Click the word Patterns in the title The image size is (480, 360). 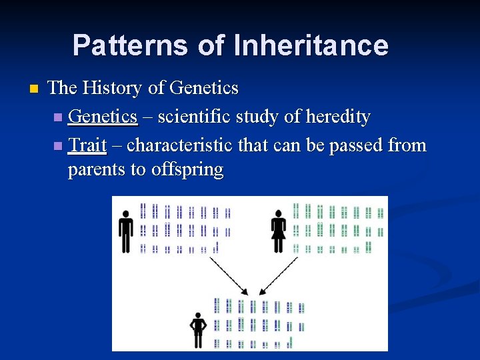point(130,45)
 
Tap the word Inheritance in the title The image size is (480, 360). point(311,45)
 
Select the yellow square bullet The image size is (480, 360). point(34,89)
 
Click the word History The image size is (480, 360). point(112,87)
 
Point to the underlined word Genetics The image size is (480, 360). point(103,117)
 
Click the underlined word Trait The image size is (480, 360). point(87,145)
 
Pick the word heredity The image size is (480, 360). point(338,117)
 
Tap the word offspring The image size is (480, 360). point(187,169)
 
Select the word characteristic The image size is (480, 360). point(179,145)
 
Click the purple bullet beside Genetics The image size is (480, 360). point(58,117)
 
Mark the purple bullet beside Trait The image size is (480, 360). point(58,146)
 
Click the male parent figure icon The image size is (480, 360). point(126,231)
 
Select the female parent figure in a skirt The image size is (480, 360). point(278,231)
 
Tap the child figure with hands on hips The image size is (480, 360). point(198,330)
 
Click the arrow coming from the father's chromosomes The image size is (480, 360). point(229,276)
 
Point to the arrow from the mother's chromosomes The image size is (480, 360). point(278,276)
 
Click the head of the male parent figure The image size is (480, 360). point(126,214)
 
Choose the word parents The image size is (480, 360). point(96,170)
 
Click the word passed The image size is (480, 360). point(356,146)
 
